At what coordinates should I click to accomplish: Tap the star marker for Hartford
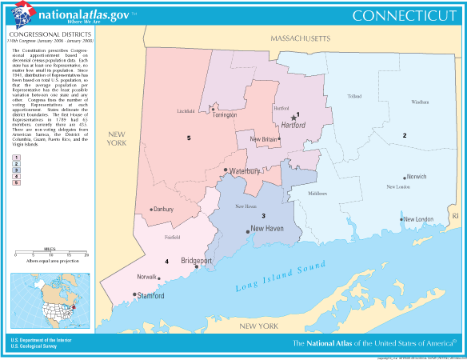[x=293, y=117]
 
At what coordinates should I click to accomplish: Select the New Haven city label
[x=268, y=229]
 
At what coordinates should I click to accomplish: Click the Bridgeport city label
[x=197, y=260]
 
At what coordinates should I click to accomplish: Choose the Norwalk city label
[x=146, y=277]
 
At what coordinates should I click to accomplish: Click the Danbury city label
[x=163, y=210]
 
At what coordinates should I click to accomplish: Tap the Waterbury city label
[x=247, y=171]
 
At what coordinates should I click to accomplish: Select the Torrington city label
[x=230, y=115]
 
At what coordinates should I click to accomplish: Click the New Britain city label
[x=263, y=139]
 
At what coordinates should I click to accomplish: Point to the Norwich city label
[x=416, y=176]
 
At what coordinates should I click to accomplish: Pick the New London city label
[x=418, y=219]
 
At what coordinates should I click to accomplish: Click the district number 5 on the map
[x=189, y=138]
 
